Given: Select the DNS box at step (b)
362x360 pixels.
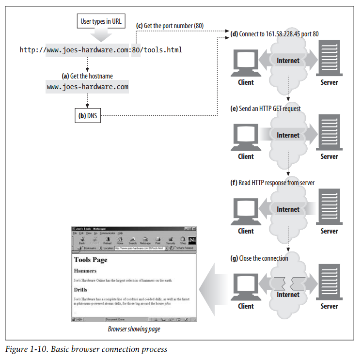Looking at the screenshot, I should tap(87, 115).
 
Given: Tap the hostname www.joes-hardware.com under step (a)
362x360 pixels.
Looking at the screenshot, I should tap(87, 87).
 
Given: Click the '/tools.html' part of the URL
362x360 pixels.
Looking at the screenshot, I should tap(161, 50).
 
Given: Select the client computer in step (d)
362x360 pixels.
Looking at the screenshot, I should tap(246, 63).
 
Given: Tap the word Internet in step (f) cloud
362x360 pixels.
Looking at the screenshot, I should tap(288, 209).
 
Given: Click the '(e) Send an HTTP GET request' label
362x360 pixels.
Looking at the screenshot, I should tap(265, 109).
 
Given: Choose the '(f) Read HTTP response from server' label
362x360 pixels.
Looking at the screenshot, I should tap(272, 183).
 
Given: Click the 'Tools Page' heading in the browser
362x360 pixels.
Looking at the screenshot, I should tap(91, 260).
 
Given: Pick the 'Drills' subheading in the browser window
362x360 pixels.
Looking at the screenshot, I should tap(80, 290).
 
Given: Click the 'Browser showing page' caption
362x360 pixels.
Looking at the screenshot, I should tap(134, 329).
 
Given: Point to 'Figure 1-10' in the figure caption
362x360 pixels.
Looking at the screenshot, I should tap(24, 349).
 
